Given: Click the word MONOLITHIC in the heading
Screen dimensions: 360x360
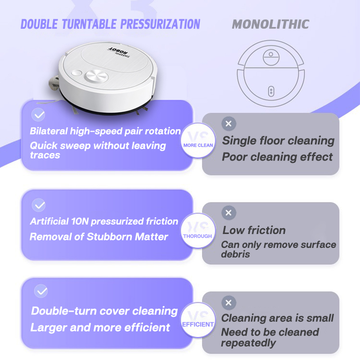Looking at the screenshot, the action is tap(270, 24).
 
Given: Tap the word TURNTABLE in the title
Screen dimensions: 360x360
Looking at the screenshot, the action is tap(89, 24).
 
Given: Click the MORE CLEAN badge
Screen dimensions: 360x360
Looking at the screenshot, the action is tap(198, 140).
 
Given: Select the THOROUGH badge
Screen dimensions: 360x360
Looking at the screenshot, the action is tap(198, 230).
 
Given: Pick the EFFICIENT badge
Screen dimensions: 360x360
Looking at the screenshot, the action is tap(198, 320).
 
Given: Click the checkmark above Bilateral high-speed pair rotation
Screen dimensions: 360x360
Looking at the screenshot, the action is tap(38, 115).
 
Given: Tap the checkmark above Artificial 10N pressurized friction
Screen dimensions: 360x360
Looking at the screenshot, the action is tap(39, 205).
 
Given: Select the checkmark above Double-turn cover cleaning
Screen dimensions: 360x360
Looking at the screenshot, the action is tap(41, 291).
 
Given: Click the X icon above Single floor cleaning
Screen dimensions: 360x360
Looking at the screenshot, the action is tap(229, 124).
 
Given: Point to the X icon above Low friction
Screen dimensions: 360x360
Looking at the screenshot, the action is tap(229, 213).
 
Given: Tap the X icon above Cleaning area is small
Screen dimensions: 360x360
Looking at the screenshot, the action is tap(229, 302).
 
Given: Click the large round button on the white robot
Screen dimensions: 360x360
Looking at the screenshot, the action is tap(96, 76).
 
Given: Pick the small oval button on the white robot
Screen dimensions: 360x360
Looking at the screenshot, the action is tap(76, 73).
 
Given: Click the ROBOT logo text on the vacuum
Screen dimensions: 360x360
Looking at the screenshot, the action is tap(118, 50).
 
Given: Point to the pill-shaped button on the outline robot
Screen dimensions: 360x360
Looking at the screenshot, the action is tap(271, 91).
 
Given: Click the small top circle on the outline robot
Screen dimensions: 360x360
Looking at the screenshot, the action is tap(271, 54).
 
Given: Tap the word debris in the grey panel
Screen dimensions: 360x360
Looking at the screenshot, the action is tap(235, 254).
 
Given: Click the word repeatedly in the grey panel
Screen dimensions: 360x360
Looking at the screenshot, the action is tap(248, 343).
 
